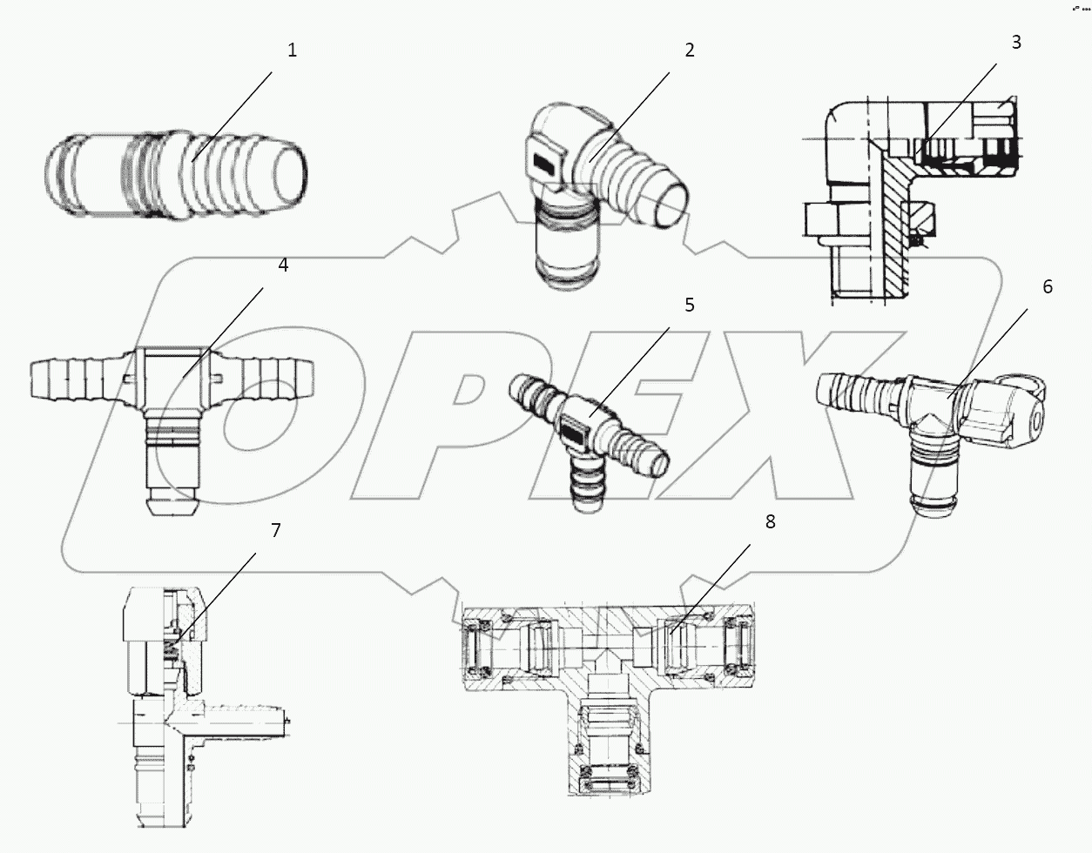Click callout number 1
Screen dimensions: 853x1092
[x=292, y=50]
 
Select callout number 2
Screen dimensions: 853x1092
[x=689, y=50]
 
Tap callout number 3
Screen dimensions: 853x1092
[x=1015, y=43]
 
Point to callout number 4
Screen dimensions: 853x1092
[x=282, y=265]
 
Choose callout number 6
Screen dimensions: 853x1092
[x=1047, y=287]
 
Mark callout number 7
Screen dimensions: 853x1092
[x=275, y=530]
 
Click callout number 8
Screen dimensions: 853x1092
[x=769, y=522]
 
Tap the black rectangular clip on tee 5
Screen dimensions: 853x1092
[x=575, y=427]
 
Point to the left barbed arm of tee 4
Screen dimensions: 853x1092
[x=74, y=376]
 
